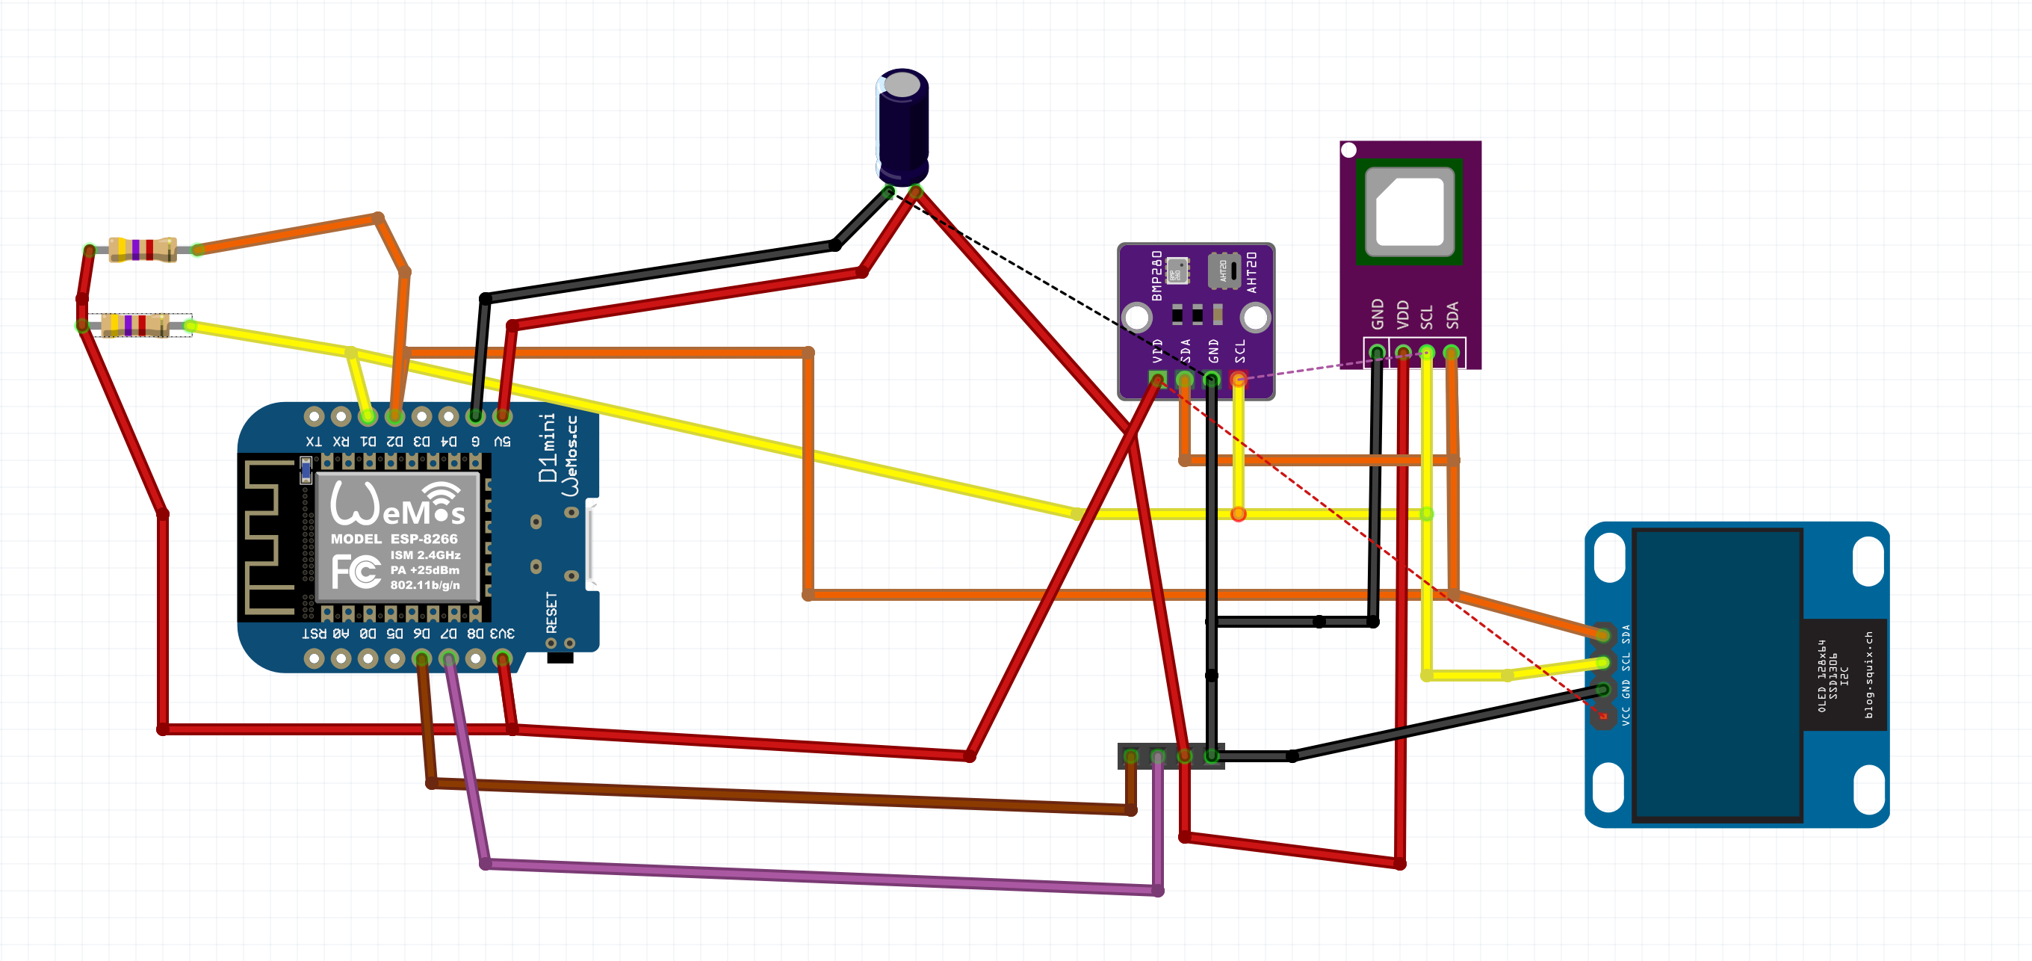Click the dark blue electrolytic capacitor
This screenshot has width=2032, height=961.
click(902, 126)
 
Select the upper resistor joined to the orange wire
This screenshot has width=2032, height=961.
click(142, 250)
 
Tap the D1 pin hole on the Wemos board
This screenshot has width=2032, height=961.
click(368, 415)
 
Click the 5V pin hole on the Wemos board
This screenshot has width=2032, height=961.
click(502, 415)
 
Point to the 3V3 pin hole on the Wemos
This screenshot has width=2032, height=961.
click(502, 658)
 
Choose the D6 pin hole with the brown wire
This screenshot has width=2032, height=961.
click(422, 658)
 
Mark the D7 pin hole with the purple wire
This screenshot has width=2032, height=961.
click(449, 658)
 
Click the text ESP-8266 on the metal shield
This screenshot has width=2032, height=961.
click(424, 539)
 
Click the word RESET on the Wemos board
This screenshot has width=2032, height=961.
click(551, 612)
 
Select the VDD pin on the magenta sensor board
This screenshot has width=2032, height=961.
click(1402, 352)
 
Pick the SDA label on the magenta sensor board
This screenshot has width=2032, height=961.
click(1452, 315)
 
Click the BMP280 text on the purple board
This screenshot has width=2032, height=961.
click(1157, 275)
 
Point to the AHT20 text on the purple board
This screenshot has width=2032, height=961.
click(1252, 272)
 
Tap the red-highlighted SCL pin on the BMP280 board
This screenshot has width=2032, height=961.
click(1239, 380)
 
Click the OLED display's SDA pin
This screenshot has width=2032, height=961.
click(1604, 634)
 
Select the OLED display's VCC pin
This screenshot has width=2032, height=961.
click(1604, 717)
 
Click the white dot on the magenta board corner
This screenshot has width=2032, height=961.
click(1349, 150)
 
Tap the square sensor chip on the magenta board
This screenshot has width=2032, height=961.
click(1410, 212)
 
